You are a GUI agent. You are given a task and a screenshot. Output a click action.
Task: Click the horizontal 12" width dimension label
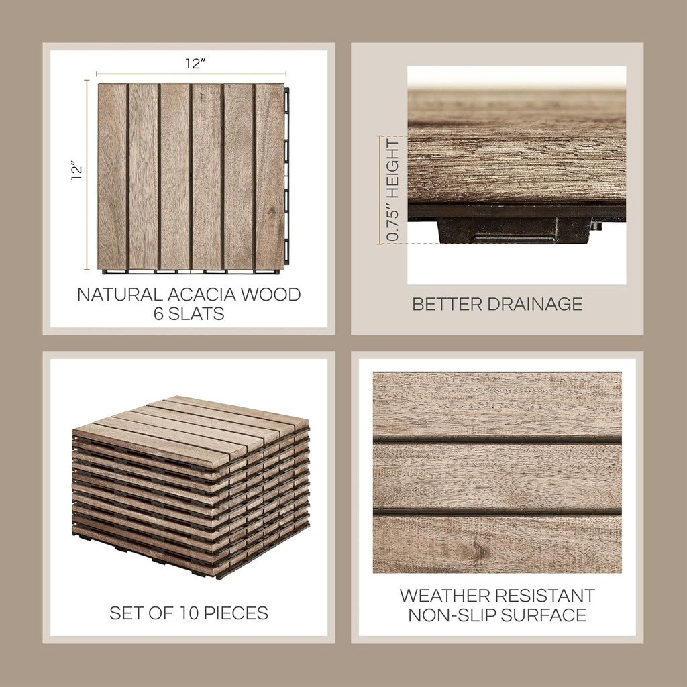195,64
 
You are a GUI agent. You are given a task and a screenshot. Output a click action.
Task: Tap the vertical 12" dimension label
78,171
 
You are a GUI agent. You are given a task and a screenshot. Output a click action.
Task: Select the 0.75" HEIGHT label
392,191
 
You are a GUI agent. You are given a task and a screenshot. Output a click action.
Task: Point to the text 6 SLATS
189,313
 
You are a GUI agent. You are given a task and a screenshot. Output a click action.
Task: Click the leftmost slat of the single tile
112,176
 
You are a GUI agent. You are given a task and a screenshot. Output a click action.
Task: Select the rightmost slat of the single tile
270,176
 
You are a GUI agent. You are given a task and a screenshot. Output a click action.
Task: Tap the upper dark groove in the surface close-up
497,440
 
